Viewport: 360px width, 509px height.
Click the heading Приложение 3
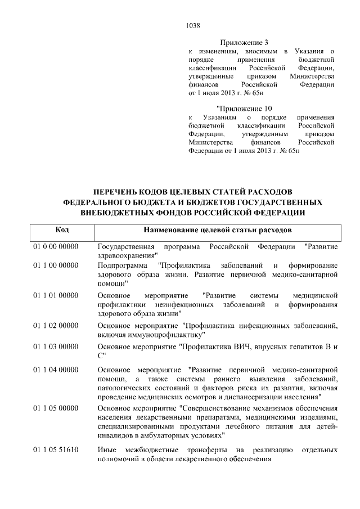243,42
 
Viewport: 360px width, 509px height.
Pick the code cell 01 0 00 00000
55,246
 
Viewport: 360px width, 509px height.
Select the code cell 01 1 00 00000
55,264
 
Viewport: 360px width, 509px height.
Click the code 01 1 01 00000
55,295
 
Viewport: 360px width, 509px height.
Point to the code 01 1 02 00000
55,326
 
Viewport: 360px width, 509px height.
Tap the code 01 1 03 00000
55,346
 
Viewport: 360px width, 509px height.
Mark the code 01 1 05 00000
55,407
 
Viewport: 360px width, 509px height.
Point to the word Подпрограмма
123,264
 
